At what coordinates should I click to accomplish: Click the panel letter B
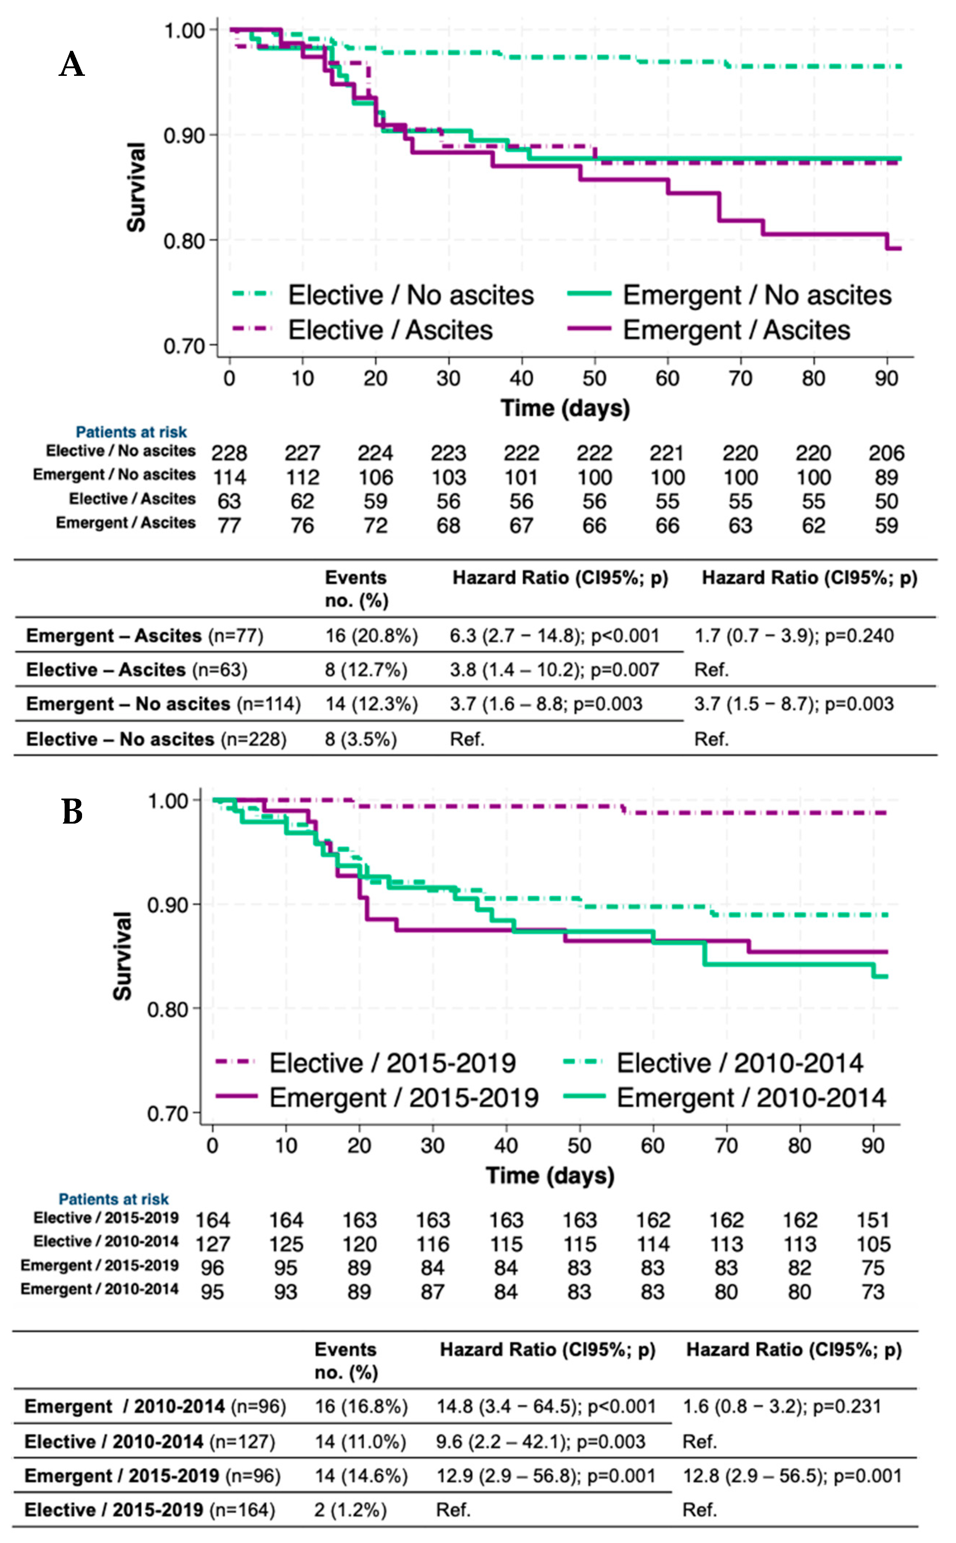72,812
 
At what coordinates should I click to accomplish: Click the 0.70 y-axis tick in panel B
167,1113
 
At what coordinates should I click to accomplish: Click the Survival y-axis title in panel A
137,187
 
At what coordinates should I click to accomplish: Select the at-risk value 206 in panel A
886,453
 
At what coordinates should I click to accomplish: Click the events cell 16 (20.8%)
371,636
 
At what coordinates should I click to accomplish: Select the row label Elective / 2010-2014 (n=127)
150,1441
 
